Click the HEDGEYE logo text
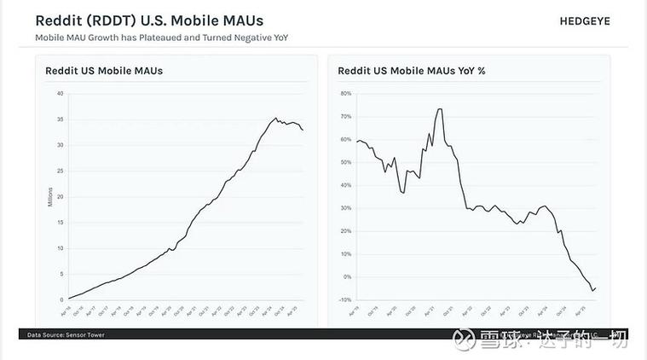pyautogui.click(x=596, y=20)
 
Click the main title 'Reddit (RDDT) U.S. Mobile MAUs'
pyautogui.click(x=149, y=20)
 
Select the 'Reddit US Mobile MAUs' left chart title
pyautogui.click(x=104, y=71)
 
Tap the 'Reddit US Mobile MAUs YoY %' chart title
pyautogui.click(x=411, y=71)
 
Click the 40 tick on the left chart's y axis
pyautogui.click(x=60, y=93)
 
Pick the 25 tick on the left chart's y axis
pyautogui.click(x=60, y=171)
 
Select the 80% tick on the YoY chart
pyautogui.click(x=346, y=93)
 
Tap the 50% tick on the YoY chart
pyautogui.click(x=346, y=162)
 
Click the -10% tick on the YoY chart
pyautogui.click(x=345, y=299)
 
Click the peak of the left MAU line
pyautogui.click(x=275, y=119)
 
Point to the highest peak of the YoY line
pyautogui.click(x=439, y=108)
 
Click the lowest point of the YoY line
pyautogui.click(x=592, y=291)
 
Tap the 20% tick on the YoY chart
pyautogui.click(x=346, y=231)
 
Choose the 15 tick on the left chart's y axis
pyautogui.click(x=60, y=223)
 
